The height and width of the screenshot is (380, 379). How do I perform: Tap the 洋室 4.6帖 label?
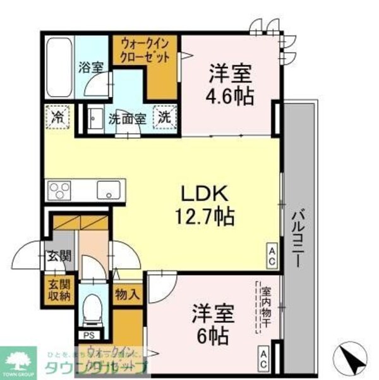pos(231,85)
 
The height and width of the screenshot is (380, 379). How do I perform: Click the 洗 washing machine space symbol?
pos(163,117)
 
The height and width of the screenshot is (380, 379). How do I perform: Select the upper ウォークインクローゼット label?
pos(145,51)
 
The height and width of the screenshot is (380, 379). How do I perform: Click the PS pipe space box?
pos(88,336)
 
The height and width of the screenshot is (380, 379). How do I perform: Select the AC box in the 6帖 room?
pos(263,358)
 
